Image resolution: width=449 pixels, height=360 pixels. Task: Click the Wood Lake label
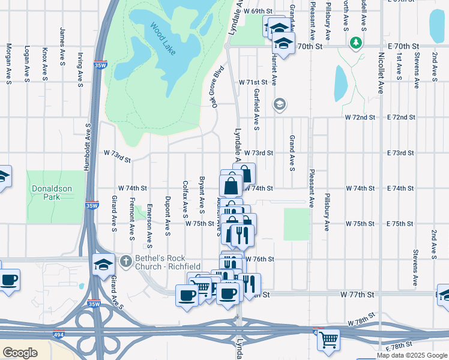(163, 40)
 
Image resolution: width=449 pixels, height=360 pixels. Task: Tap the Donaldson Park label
(52, 193)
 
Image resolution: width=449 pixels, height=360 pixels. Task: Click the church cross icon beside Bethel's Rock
(125, 261)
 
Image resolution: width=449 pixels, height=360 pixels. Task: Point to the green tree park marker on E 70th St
(356, 43)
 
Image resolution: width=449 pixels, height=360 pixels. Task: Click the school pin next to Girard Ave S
(103, 264)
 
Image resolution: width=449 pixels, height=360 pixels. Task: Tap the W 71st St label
(252, 82)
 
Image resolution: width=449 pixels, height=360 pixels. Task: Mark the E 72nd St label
(400, 117)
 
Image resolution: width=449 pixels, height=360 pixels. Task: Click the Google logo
(20, 353)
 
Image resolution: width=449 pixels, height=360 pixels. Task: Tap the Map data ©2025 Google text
(411, 355)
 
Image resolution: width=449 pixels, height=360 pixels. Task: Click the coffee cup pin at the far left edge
(8, 281)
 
